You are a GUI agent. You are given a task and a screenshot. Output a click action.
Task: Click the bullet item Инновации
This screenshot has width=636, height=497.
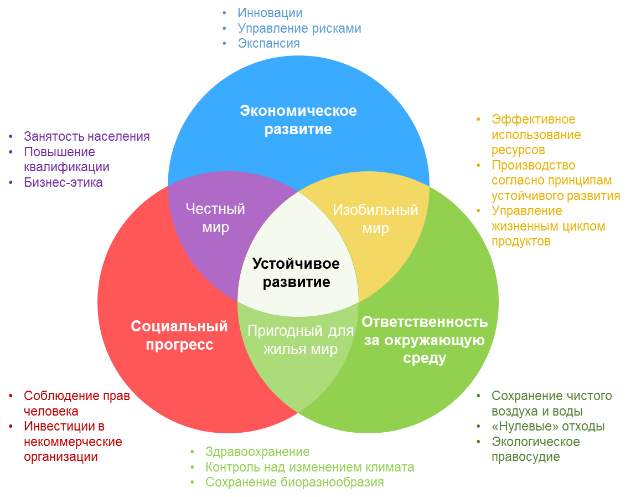click(270, 13)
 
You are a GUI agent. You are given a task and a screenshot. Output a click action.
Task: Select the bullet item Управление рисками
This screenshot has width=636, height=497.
click(299, 28)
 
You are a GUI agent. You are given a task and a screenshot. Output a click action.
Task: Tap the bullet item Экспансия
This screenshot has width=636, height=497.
click(268, 43)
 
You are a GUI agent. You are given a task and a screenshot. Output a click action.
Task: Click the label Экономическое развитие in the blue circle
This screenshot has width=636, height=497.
click(298, 120)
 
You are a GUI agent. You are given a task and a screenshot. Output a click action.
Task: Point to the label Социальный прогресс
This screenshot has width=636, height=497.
click(179, 335)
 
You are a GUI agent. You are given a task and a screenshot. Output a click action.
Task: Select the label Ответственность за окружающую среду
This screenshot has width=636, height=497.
click(425, 340)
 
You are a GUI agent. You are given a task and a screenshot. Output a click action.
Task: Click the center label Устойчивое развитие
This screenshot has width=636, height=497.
click(296, 273)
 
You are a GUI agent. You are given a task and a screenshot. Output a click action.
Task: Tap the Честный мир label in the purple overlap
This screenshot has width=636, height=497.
click(215, 218)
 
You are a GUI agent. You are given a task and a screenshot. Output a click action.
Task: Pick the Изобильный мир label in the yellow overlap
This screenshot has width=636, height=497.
click(375, 219)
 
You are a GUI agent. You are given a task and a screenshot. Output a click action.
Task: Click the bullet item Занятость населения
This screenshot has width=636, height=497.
click(86, 136)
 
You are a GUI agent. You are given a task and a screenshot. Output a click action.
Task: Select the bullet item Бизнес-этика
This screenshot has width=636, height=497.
click(63, 182)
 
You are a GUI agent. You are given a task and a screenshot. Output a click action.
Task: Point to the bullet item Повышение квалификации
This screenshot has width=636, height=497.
click(66, 160)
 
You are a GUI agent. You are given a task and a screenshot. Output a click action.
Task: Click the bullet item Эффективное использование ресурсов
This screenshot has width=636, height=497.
click(535, 135)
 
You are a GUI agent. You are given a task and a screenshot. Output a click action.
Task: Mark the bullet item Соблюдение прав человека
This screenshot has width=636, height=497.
click(76, 403)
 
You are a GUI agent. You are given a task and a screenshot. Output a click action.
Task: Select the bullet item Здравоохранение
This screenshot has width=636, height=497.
click(257, 452)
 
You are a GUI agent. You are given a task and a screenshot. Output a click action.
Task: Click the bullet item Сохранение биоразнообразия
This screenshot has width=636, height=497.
click(294, 482)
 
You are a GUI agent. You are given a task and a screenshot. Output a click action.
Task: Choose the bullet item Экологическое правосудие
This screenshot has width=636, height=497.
click(535, 449)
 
